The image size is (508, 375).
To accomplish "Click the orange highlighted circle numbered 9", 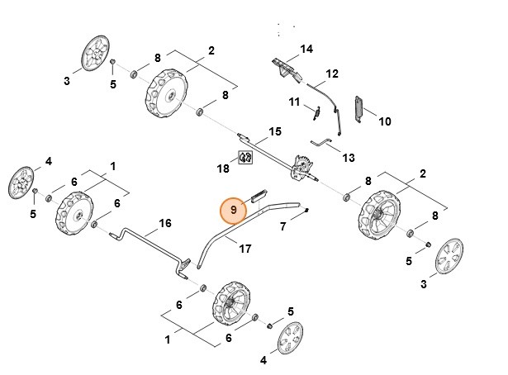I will (234, 211).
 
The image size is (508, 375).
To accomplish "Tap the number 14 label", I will (306, 50).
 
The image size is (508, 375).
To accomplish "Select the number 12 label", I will (331, 74).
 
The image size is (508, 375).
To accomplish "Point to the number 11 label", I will (293, 102).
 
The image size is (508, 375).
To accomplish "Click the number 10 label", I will (384, 121).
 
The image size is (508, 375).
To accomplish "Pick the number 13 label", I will (348, 158).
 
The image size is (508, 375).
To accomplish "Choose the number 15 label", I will (275, 131).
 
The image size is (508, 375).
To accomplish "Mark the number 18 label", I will (223, 169).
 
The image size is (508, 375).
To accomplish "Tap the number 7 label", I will (282, 225).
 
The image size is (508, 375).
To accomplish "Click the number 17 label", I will (245, 248).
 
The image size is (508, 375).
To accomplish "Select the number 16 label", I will (164, 224).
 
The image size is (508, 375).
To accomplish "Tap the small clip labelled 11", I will (316, 112).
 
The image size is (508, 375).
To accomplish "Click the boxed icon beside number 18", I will (245, 157).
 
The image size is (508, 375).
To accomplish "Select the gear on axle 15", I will (303, 166).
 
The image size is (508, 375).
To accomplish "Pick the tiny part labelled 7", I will (307, 210).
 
